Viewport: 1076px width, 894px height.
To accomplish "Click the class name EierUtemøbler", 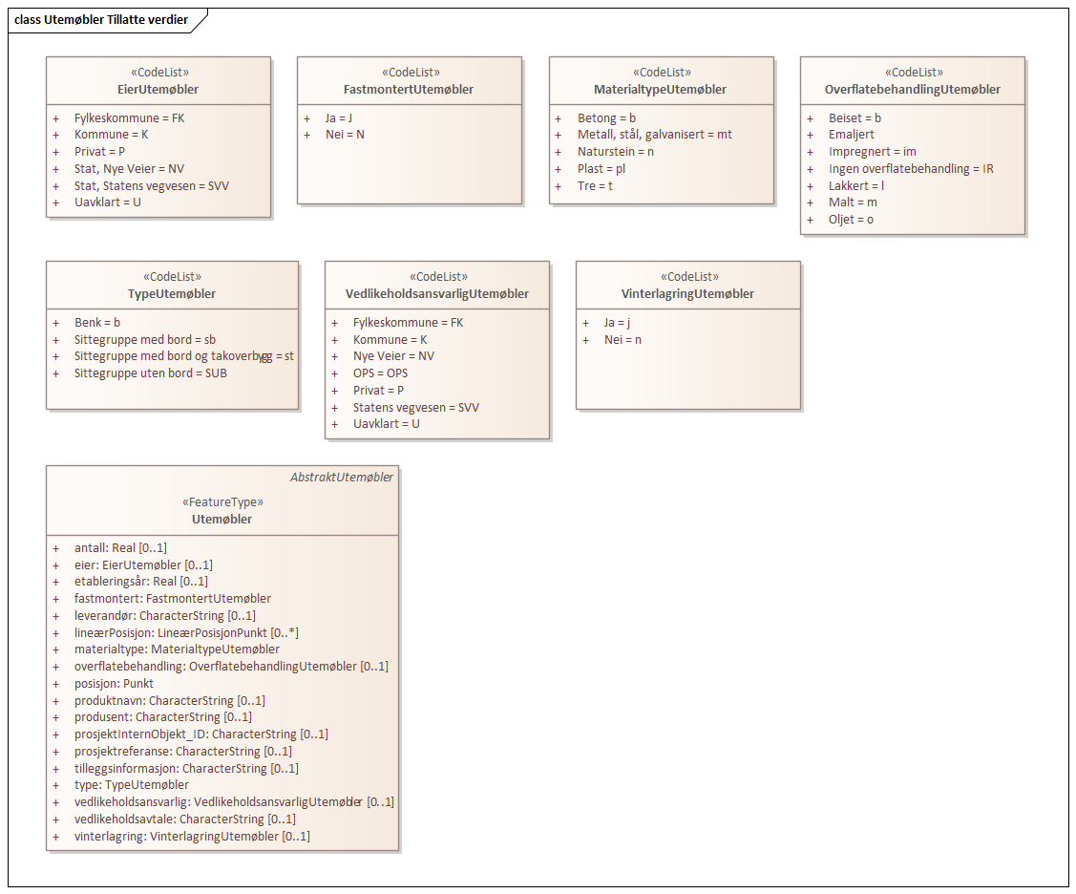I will click(x=158, y=90).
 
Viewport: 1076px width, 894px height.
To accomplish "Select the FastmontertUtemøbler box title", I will click(x=409, y=90).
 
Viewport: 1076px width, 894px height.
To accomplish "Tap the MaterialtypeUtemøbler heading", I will click(x=661, y=90).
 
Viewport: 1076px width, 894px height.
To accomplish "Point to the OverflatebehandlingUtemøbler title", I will click(x=912, y=90).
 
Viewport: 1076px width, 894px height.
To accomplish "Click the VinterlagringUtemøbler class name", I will click(x=687, y=294).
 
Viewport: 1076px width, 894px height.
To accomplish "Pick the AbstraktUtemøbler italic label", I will click(x=342, y=478).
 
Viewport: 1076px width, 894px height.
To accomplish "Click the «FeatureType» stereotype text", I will click(x=222, y=502).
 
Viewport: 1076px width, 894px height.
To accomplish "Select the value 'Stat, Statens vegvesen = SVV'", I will click(x=152, y=186).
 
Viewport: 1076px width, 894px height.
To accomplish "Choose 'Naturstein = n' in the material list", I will click(x=616, y=152).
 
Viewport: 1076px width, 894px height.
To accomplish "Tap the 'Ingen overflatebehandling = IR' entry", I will click(x=911, y=169).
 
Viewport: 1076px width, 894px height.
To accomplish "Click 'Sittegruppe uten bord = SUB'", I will click(x=151, y=373).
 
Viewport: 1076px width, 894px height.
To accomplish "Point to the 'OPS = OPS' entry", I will click(x=380, y=373).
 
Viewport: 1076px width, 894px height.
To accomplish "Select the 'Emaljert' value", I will click(x=852, y=135).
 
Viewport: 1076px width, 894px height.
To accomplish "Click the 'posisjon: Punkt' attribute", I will click(x=114, y=684).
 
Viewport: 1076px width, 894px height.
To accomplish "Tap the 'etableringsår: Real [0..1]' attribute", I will click(x=141, y=582).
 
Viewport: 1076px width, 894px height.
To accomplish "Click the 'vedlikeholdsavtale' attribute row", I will click(x=185, y=819).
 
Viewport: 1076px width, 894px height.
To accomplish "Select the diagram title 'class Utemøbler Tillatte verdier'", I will click(x=101, y=20).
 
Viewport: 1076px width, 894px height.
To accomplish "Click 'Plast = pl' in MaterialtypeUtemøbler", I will click(x=601, y=169).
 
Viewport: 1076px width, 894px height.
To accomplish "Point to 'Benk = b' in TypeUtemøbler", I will click(x=97, y=323).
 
